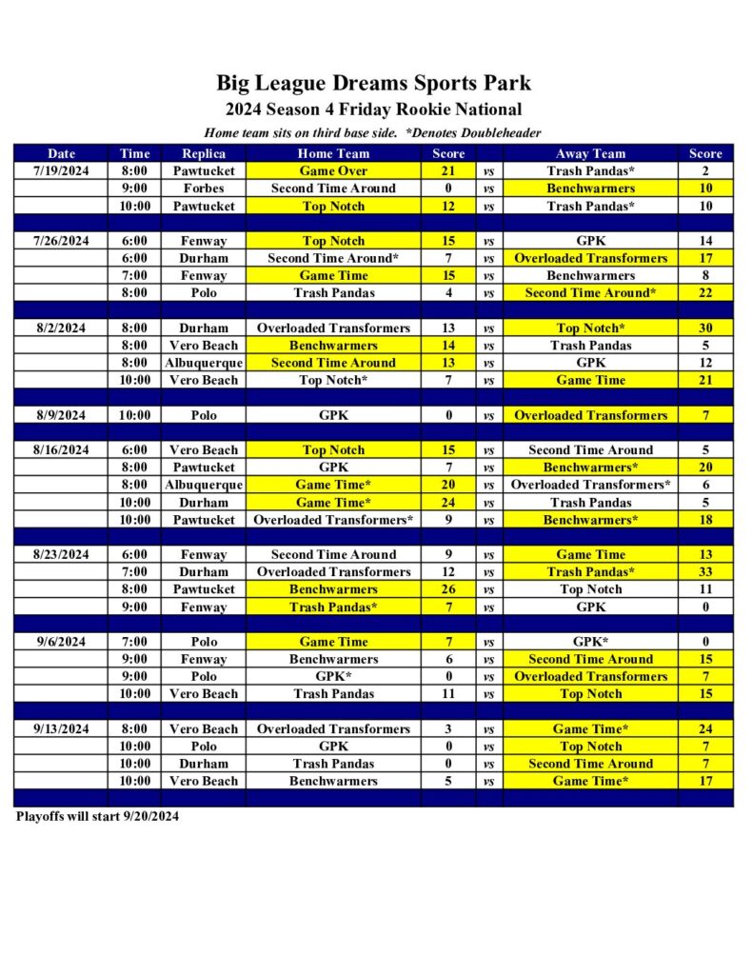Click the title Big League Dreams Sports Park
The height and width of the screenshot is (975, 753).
(x=373, y=83)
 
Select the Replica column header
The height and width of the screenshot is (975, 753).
(x=204, y=153)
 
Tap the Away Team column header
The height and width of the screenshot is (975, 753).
(x=590, y=153)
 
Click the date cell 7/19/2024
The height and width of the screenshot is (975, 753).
(x=61, y=171)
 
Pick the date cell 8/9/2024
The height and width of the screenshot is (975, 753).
(x=61, y=415)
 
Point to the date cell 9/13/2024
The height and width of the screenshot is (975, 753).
(x=61, y=729)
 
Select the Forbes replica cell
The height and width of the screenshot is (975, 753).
(x=204, y=189)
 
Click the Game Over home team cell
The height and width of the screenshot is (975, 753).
(x=333, y=171)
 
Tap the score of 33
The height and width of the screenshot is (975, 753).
(x=705, y=572)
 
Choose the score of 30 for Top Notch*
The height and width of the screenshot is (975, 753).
(x=705, y=328)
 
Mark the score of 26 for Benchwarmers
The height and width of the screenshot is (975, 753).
(x=448, y=589)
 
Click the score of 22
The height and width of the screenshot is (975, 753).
(x=705, y=293)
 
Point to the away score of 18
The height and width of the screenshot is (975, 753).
(x=705, y=520)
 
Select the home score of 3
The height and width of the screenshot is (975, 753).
(x=448, y=729)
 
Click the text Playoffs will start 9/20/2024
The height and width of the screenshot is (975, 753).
(x=97, y=816)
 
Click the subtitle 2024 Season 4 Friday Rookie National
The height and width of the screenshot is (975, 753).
(x=373, y=109)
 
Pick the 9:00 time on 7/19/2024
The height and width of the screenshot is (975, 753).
(x=134, y=189)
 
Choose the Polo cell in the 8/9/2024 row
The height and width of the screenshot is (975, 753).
(x=204, y=415)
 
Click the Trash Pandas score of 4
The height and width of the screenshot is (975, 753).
(x=448, y=293)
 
